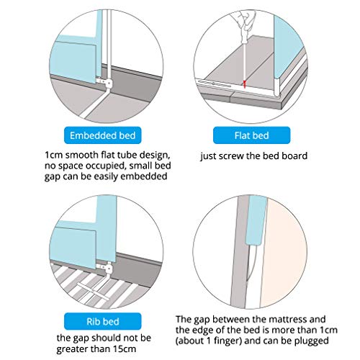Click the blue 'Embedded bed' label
(102, 135)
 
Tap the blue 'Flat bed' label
(251, 135)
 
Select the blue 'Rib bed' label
(102, 321)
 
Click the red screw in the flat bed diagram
(245, 84)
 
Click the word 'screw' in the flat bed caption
(231, 156)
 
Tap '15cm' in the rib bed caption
(125, 348)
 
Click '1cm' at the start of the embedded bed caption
(54, 155)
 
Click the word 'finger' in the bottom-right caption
(228, 341)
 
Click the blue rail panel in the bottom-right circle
(256, 220)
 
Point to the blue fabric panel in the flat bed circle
(288, 48)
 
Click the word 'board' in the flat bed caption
(294, 156)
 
